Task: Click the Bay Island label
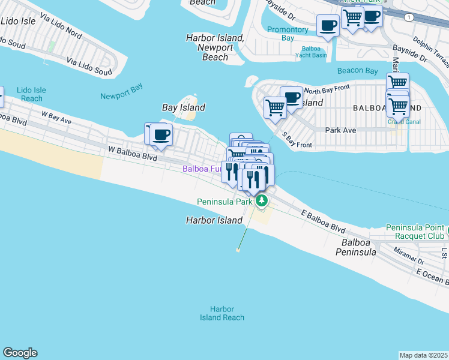(x=184, y=108)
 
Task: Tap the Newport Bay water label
(x=121, y=96)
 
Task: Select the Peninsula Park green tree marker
(x=261, y=201)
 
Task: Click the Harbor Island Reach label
(x=222, y=313)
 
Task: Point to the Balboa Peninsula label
(x=360, y=248)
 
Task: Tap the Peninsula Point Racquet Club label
(x=415, y=232)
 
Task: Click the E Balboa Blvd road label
(x=324, y=222)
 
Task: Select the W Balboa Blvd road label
(x=132, y=153)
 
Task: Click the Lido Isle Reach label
(x=32, y=94)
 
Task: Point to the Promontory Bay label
(x=288, y=34)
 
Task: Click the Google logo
(x=20, y=353)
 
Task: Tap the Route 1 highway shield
(x=409, y=17)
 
